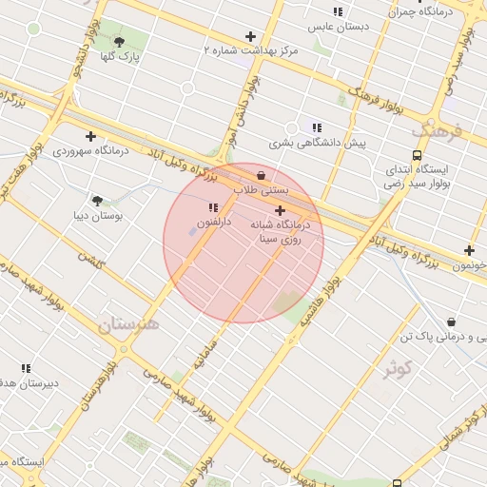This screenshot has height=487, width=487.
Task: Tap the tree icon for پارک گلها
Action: coord(119,42)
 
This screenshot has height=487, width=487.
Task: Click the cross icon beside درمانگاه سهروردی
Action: coord(90,136)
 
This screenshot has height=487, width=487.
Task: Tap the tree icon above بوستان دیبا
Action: coord(97,201)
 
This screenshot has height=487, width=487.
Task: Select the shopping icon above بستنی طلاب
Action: coord(261,175)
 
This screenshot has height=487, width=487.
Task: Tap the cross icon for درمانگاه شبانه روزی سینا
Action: coord(280,210)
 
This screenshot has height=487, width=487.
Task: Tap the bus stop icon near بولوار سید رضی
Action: coord(416,155)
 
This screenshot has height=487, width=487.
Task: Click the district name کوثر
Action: coord(397,368)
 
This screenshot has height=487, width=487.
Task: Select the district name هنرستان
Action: coord(127,324)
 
